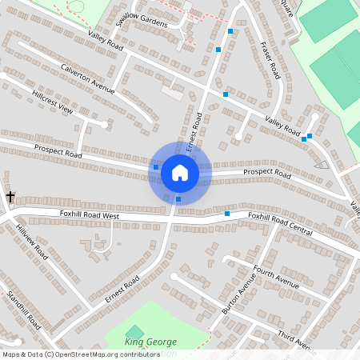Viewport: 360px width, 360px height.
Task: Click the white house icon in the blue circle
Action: click(x=180, y=172)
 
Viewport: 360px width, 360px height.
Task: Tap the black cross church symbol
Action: click(x=11, y=196)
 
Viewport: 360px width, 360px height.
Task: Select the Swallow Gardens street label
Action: click(x=142, y=19)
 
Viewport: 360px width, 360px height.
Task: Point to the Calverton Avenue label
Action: click(x=88, y=78)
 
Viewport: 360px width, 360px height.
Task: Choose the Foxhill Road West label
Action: click(x=90, y=215)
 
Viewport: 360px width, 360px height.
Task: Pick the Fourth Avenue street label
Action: click(x=275, y=278)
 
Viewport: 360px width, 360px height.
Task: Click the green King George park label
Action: click(x=150, y=342)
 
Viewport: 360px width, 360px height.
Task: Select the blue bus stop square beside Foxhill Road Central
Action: click(x=227, y=214)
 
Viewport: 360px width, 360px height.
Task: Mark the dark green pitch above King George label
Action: click(x=135, y=331)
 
